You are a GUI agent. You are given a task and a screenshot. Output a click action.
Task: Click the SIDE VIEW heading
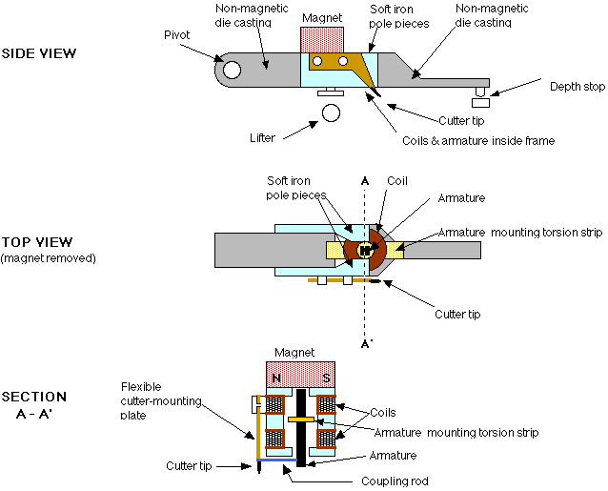coord(39,53)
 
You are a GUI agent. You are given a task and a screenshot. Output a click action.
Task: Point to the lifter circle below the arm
coord(331,113)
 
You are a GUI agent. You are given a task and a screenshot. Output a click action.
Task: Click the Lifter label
coord(261,138)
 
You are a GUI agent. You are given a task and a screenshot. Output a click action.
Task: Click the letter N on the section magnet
coord(276,377)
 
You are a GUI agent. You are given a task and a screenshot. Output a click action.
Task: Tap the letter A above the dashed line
coord(365,179)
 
